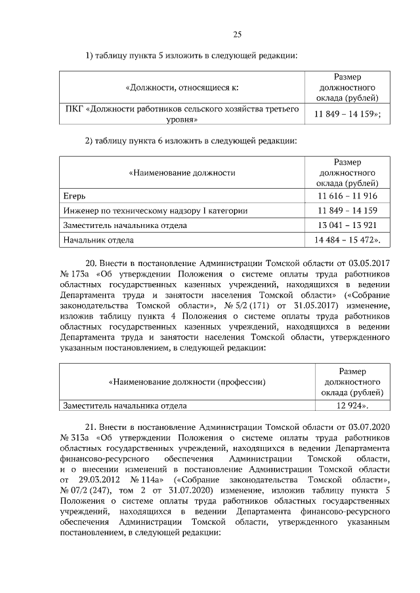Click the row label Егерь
[74, 196]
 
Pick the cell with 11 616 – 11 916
[346, 196]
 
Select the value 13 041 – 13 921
[346, 225]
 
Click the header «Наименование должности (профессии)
[186, 381]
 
